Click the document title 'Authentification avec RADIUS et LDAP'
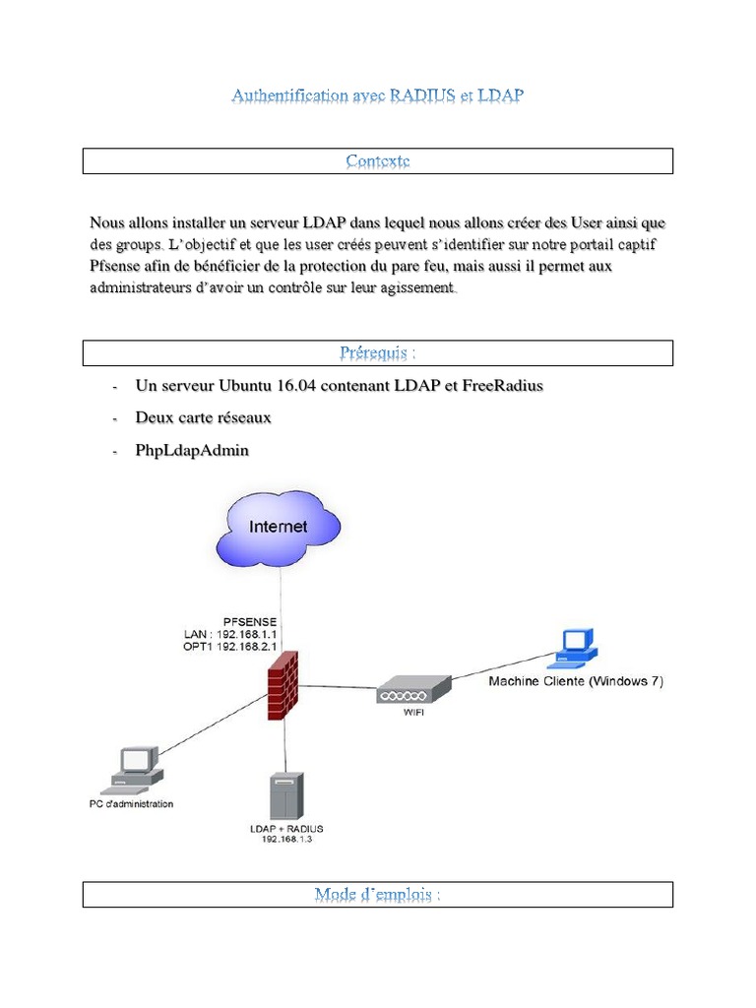pyautogui.click(x=377, y=95)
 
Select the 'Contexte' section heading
pyautogui.click(x=377, y=160)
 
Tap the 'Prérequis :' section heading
pyautogui.click(x=377, y=352)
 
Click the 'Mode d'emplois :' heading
pyautogui.click(x=377, y=894)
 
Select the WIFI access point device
pyautogui.click(x=412, y=689)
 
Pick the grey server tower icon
pyautogui.click(x=285, y=795)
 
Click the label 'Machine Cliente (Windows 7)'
pyautogui.click(x=575, y=680)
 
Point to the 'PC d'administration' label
pyautogui.click(x=124, y=804)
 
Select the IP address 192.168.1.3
pyautogui.click(x=286, y=840)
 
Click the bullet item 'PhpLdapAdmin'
pyautogui.click(x=192, y=450)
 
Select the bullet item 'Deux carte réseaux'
pyautogui.click(x=203, y=417)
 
